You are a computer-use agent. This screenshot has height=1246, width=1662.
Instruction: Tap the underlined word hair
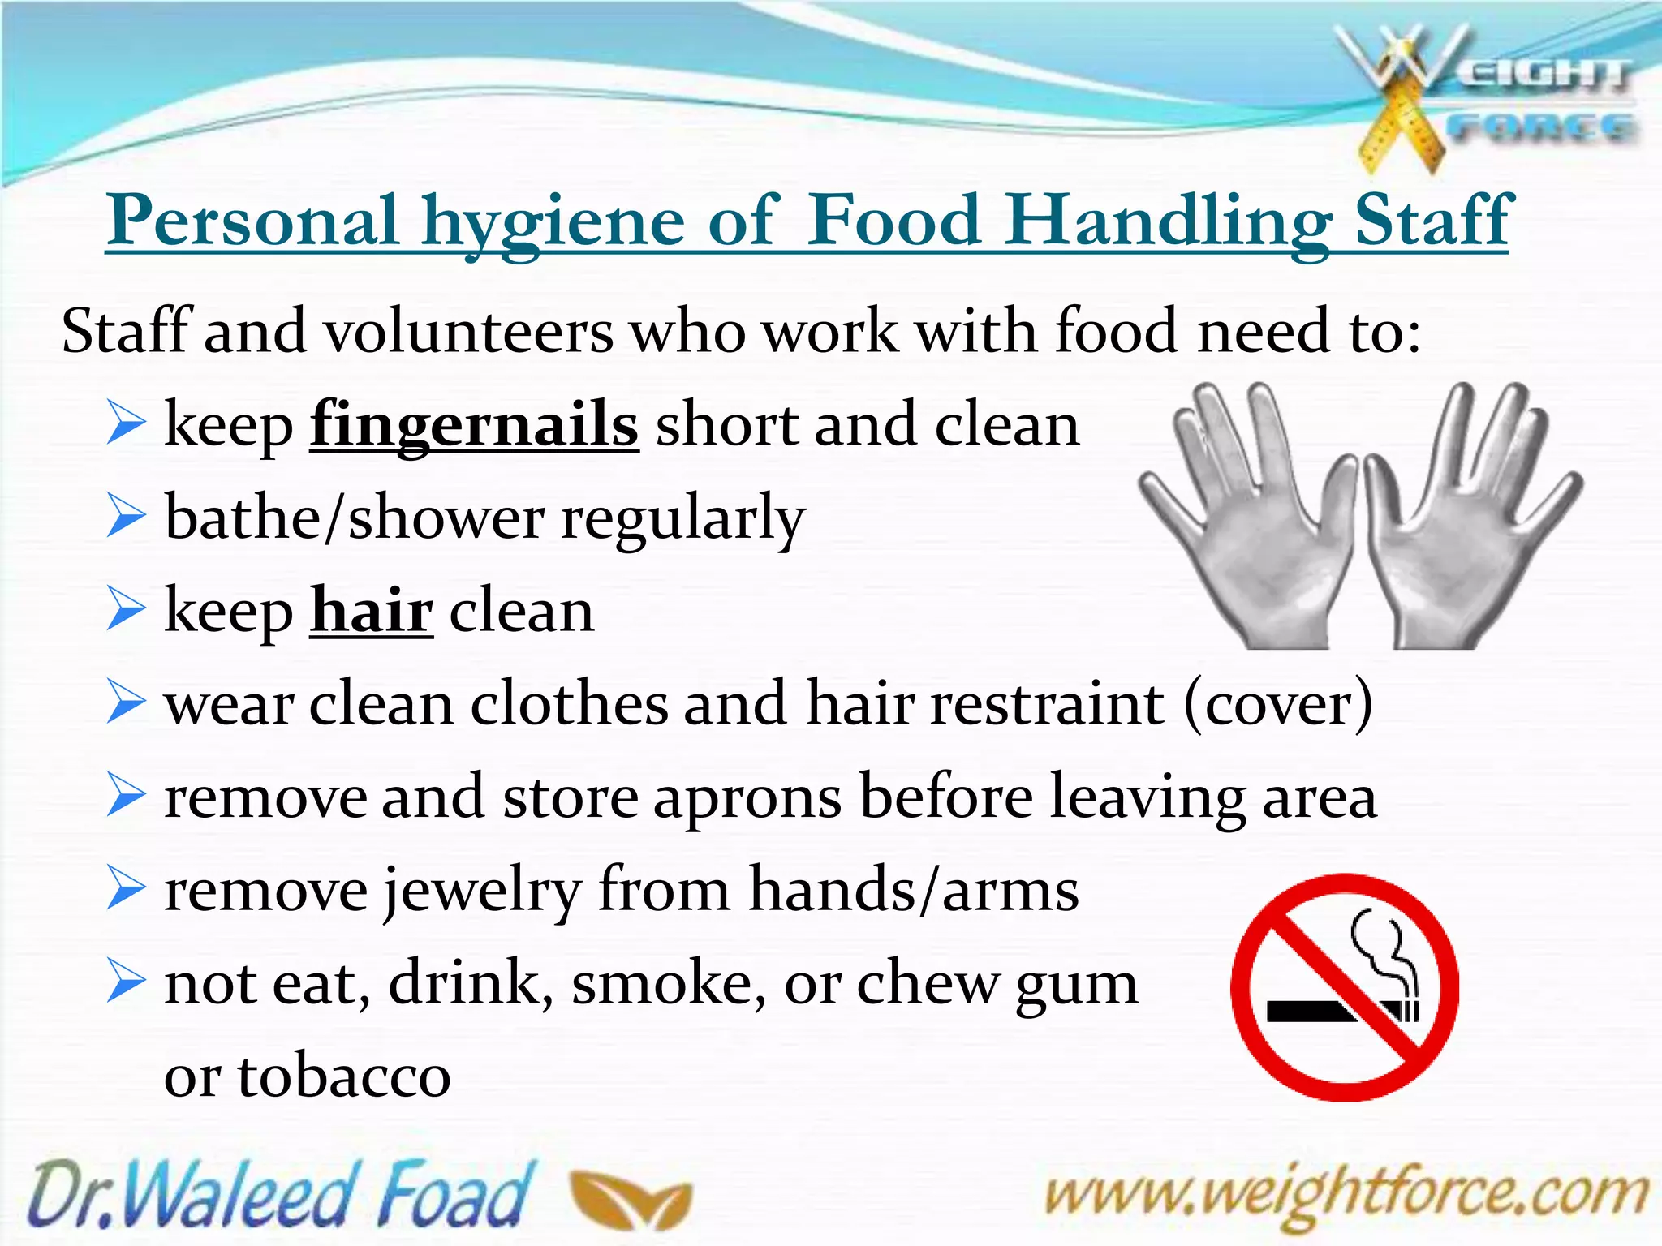tap(372, 611)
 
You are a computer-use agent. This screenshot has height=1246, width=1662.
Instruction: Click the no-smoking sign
tap(1345, 987)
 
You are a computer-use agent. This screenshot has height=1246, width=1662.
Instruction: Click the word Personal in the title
tap(253, 221)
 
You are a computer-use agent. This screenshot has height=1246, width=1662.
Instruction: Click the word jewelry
tap(482, 891)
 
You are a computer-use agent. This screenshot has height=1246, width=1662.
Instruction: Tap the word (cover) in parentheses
tap(1278, 704)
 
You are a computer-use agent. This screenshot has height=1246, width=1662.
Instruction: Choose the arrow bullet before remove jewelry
tap(126, 890)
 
